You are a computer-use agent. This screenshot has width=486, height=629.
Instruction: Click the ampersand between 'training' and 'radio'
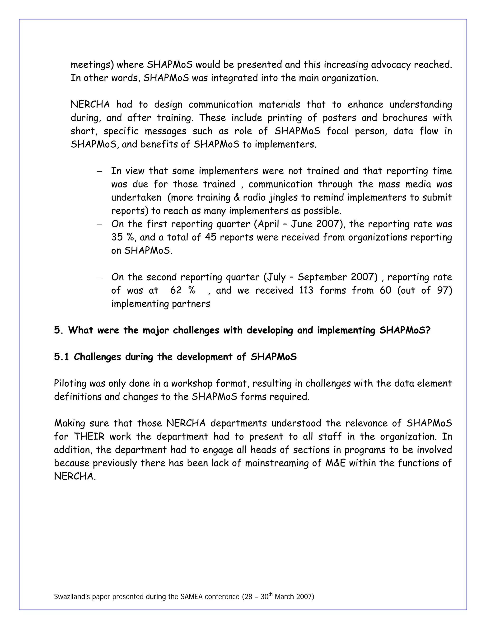pos(237,198)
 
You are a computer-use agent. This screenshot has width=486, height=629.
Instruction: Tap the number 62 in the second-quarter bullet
pos(176,290)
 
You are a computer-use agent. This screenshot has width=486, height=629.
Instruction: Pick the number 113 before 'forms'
pos(306,290)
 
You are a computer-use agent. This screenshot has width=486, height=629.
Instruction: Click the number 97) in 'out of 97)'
pos(444,290)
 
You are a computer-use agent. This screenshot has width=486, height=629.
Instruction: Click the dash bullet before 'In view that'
pos(99,172)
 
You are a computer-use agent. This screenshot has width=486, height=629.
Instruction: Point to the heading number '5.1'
pos(61,357)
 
